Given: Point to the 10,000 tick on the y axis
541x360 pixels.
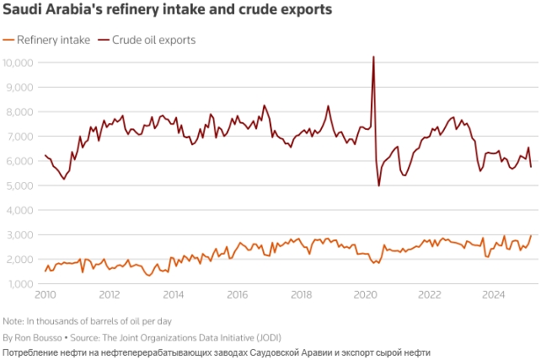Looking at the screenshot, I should point(18,62).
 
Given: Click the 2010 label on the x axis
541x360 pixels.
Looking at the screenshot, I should point(46,296).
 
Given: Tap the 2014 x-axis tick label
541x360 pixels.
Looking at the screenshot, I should point(174,296).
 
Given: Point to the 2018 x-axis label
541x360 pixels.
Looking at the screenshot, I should point(302,296).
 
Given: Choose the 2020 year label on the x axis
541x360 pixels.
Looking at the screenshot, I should point(366,296).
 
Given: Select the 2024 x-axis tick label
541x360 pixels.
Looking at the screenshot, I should point(494,296).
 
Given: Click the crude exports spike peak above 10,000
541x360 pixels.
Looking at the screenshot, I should point(373,57).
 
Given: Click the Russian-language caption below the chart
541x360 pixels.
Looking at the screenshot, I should point(217,351).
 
